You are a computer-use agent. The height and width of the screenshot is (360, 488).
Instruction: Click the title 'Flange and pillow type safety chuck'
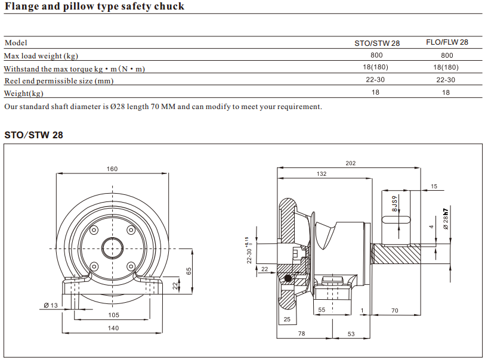pyautogui.click(x=94, y=7)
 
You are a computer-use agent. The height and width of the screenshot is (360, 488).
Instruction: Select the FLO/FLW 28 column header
pyautogui.click(x=447, y=43)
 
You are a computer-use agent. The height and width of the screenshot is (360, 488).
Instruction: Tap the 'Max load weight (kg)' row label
pyautogui.click(x=41, y=56)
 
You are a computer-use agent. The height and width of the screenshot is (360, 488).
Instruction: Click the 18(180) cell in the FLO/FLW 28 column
pyautogui.click(x=446, y=68)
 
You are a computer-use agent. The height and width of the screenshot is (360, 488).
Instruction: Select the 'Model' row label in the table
pyautogui.click(x=16, y=43)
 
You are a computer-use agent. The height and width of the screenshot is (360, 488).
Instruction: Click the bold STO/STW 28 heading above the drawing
pyautogui.click(x=33, y=135)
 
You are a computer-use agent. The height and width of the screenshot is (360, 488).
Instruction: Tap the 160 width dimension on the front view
pyautogui.click(x=112, y=169)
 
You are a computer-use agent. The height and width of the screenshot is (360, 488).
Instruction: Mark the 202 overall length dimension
pyautogui.click(x=351, y=163)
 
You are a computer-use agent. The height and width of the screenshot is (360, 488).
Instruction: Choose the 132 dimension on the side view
pyautogui.click(x=322, y=174)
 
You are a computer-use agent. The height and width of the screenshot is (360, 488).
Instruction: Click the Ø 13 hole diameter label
pyautogui.click(x=50, y=305)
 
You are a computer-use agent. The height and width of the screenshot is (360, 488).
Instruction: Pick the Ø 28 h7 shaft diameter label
pyautogui.click(x=445, y=219)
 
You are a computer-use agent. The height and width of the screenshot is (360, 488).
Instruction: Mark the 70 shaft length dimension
pyautogui.click(x=395, y=311)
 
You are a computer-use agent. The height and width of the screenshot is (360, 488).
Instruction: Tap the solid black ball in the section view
pyautogui.click(x=289, y=278)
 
